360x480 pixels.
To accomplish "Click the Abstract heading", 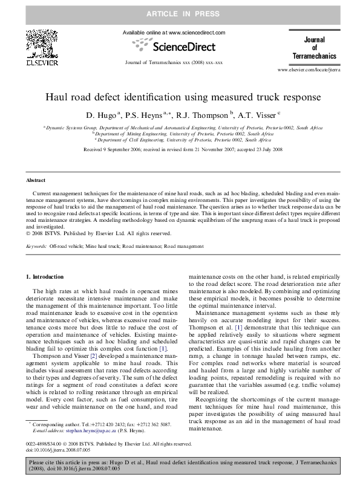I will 36,180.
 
